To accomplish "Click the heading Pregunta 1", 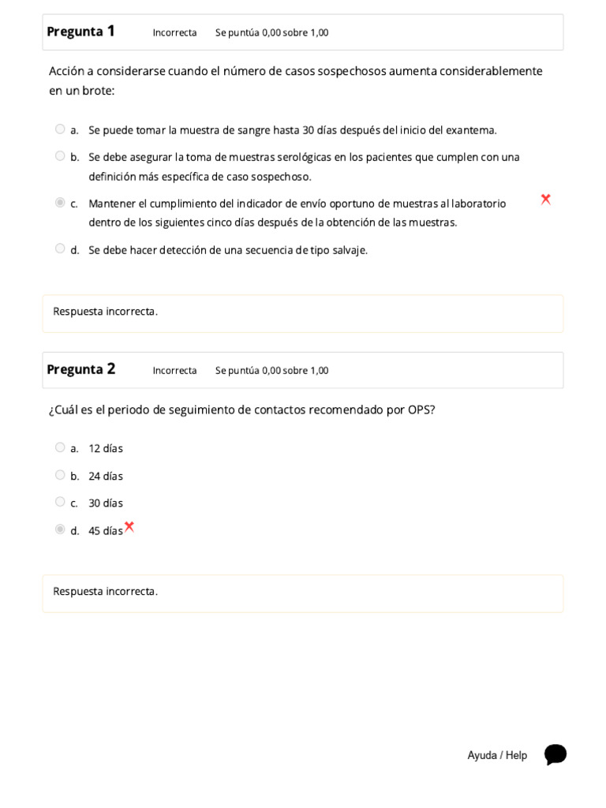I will (80, 32).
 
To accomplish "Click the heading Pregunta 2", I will (80, 369).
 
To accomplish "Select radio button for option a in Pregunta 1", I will (60, 129).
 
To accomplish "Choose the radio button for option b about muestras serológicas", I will (60, 156).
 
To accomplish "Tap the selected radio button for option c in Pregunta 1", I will (60, 203).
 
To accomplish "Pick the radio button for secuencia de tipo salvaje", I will (60, 249).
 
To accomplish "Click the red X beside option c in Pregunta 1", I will (545, 200).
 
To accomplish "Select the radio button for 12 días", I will (60, 447).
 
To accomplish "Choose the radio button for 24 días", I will (60, 475).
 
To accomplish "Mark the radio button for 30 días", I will (60, 502).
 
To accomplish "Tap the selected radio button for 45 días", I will (60, 529).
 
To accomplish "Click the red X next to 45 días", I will (129, 527).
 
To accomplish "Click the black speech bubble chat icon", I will (555, 754).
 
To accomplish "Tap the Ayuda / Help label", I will (497, 755).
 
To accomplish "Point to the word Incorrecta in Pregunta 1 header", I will (174, 32).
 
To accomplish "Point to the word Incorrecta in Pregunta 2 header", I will (174, 370).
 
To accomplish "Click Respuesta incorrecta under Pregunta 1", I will (105, 311).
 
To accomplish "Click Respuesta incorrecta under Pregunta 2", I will (105, 591).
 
